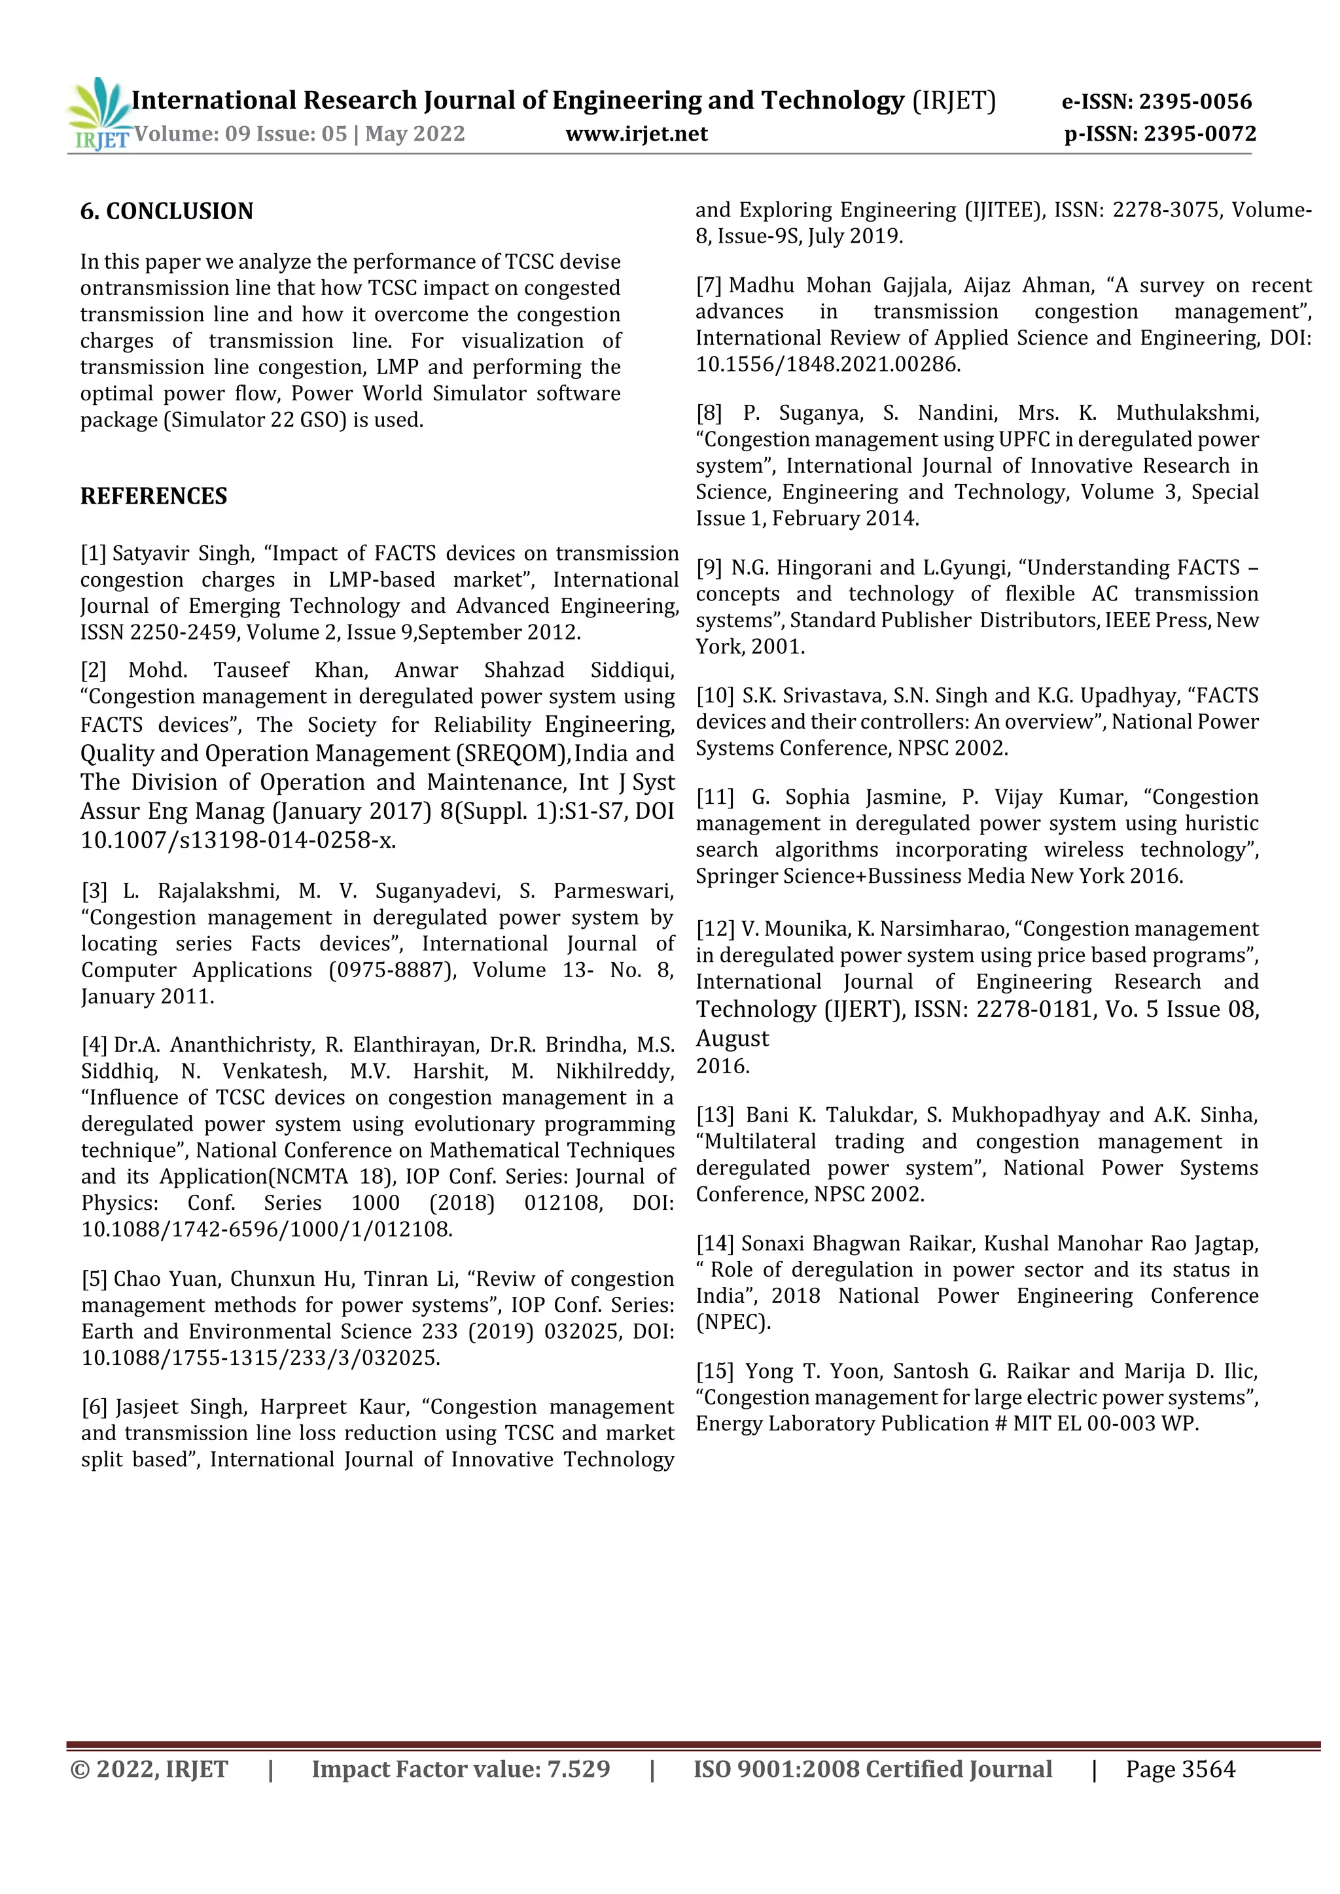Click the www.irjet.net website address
[x=636, y=133]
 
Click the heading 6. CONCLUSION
[x=167, y=211]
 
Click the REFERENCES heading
[x=154, y=496]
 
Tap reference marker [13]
[x=714, y=1115]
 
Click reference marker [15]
[x=714, y=1371]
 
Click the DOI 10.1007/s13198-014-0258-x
[x=238, y=840]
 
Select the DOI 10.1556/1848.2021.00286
[x=828, y=364]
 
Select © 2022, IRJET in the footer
[x=149, y=1770]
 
